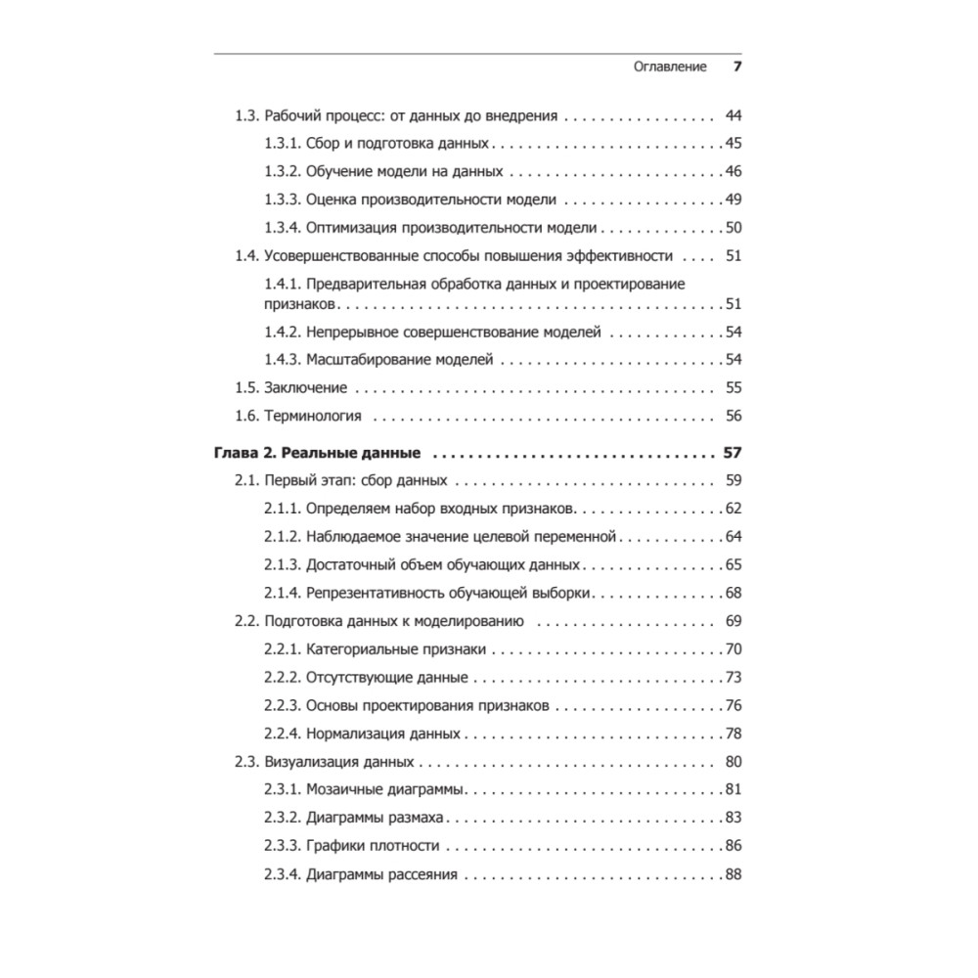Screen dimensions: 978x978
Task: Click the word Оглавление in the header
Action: (671, 67)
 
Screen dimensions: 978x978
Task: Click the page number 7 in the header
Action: (737, 67)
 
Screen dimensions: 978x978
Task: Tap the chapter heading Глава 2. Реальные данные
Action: (316, 454)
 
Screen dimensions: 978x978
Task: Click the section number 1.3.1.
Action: (281, 144)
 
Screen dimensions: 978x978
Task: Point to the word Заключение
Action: (306, 387)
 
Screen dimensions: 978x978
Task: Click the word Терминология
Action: (313, 416)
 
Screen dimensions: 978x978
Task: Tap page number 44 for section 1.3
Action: (733, 115)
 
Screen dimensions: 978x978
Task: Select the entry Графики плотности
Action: (373, 846)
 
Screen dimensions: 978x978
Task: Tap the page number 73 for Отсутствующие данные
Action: (733, 678)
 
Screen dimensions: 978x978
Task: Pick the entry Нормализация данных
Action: (382, 733)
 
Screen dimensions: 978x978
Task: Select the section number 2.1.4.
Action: (281, 593)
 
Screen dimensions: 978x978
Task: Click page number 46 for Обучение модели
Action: (733, 172)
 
